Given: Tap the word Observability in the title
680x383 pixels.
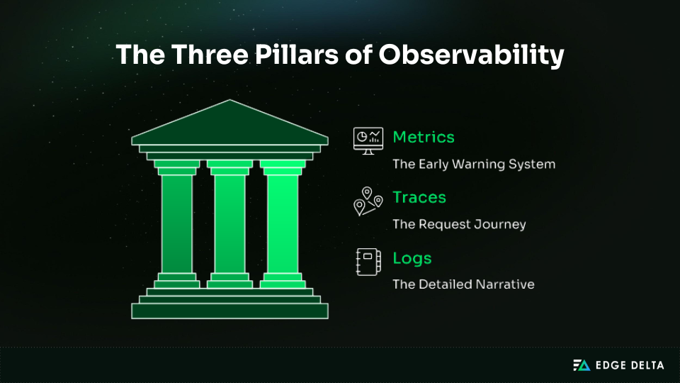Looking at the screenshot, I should pyautogui.click(x=470, y=55).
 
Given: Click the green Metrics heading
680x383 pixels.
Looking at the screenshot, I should pyautogui.click(x=424, y=137).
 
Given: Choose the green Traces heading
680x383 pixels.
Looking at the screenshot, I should pyautogui.click(x=419, y=196).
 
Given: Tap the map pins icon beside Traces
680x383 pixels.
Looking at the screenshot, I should pyautogui.click(x=368, y=201).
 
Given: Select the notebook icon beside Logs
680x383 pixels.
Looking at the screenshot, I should pyautogui.click(x=368, y=262).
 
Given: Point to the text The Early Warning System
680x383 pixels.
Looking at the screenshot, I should pyautogui.click(x=474, y=164).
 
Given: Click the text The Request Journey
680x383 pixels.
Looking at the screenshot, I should pyautogui.click(x=459, y=224).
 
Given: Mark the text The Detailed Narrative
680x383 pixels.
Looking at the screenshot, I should pyautogui.click(x=463, y=284).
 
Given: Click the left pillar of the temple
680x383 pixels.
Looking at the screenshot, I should pyautogui.click(x=176, y=223).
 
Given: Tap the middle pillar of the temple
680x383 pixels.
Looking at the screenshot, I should pyautogui.click(x=229, y=223).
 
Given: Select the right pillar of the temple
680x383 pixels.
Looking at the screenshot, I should pyautogui.click(x=283, y=223).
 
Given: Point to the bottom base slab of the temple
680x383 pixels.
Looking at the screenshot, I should pyautogui.click(x=229, y=311).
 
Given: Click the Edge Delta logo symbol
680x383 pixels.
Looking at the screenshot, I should pyautogui.click(x=581, y=365).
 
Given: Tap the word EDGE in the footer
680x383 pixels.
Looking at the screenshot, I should pyautogui.click(x=611, y=365).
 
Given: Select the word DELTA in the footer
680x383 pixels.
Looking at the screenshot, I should pyautogui.click(x=648, y=365).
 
